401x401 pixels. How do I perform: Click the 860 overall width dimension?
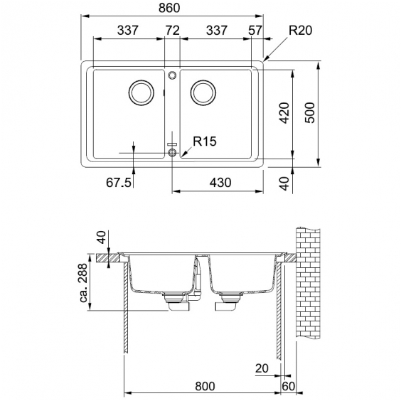169,8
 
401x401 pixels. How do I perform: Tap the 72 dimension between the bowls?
173,31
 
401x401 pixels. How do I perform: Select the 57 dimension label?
255,31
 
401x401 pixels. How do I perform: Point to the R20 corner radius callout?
301,30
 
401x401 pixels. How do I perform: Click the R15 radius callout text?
205,141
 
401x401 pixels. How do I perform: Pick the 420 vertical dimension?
284,113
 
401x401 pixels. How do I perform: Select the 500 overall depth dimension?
310,113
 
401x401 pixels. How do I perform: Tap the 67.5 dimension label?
119,183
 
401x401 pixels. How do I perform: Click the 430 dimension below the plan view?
220,183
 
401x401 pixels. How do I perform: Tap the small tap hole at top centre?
172,75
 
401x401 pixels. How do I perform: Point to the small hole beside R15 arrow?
172,152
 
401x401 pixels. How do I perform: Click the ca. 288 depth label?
83,283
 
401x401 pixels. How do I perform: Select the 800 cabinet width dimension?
205,386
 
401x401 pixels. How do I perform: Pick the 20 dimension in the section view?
262,368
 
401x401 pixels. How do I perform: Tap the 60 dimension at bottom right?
289,386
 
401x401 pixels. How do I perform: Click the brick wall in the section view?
308,282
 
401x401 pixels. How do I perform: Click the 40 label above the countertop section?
101,237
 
